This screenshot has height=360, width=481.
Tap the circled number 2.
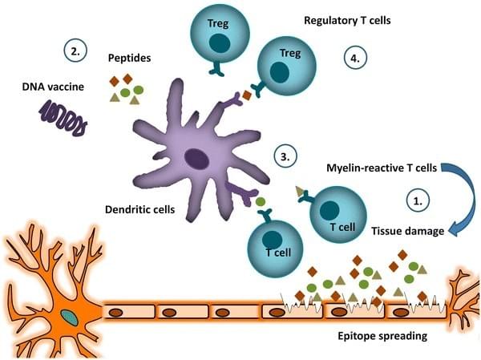(75, 53)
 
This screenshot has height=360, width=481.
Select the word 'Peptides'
(130, 59)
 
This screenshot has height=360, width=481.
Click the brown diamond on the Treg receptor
(247, 96)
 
